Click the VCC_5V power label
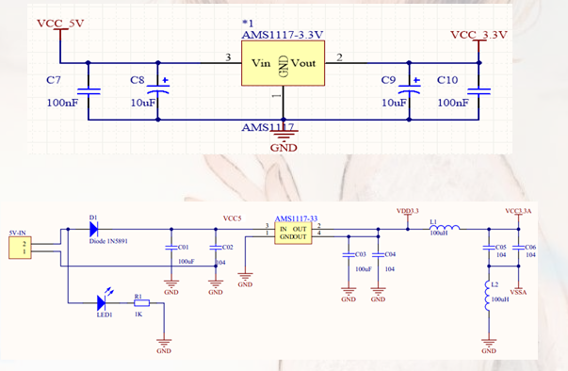click(59, 22)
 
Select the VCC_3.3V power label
click(479, 35)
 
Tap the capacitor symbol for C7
click(88, 91)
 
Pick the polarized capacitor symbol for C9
click(408, 91)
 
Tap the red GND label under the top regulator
click(284, 147)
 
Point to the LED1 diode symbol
click(102, 302)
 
